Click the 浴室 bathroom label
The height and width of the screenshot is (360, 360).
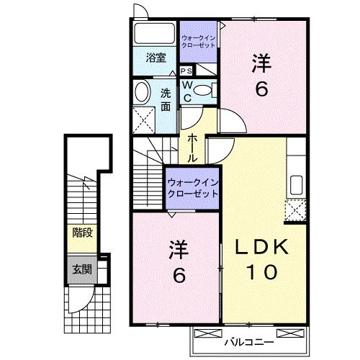[156, 58]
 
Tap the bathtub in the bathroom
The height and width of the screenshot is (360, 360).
[154, 34]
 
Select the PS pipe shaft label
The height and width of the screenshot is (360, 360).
[186, 71]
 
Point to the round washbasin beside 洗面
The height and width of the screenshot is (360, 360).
[142, 91]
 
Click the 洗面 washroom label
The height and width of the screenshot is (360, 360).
[166, 99]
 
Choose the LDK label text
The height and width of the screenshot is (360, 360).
[263, 248]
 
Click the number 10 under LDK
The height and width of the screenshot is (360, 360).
[263, 274]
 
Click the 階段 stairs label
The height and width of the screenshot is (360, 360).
[81, 233]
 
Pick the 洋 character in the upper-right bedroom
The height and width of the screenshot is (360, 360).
[261, 64]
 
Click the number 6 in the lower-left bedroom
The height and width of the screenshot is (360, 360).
[177, 275]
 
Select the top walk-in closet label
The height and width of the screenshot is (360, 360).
[197, 41]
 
